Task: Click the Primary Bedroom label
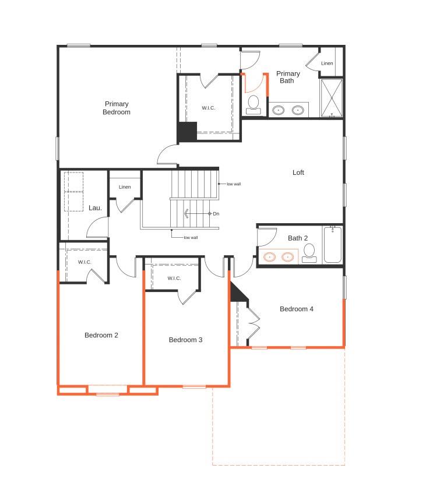pos(117,108)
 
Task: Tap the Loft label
pos(298,172)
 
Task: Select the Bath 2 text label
pos(298,238)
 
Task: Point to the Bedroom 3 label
pos(185,340)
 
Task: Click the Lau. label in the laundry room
pos(95,207)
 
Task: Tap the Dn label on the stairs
pos(216,214)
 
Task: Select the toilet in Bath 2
pos(309,252)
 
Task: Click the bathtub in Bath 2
pos(333,245)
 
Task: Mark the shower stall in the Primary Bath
pos(332,98)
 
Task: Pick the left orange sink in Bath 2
pos(270,256)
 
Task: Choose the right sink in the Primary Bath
pos(298,110)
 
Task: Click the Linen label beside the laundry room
pos(125,187)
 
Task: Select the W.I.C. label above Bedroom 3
pos(174,278)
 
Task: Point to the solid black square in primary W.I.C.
pos(187,132)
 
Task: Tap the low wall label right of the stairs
pos(234,184)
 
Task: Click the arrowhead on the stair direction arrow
pos(186,214)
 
